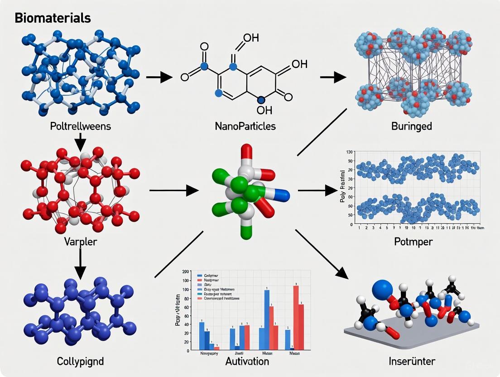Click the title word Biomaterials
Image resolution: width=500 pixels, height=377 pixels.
click(53, 18)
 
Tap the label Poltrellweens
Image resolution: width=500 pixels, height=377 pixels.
click(80, 126)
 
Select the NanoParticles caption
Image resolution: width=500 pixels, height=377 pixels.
click(245, 126)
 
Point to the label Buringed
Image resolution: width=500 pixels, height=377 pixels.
click(411, 126)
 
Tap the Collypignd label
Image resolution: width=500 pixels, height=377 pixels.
click(80, 361)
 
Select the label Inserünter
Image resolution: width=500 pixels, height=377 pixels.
click(412, 361)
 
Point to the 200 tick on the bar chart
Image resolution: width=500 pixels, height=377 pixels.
click(186, 271)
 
